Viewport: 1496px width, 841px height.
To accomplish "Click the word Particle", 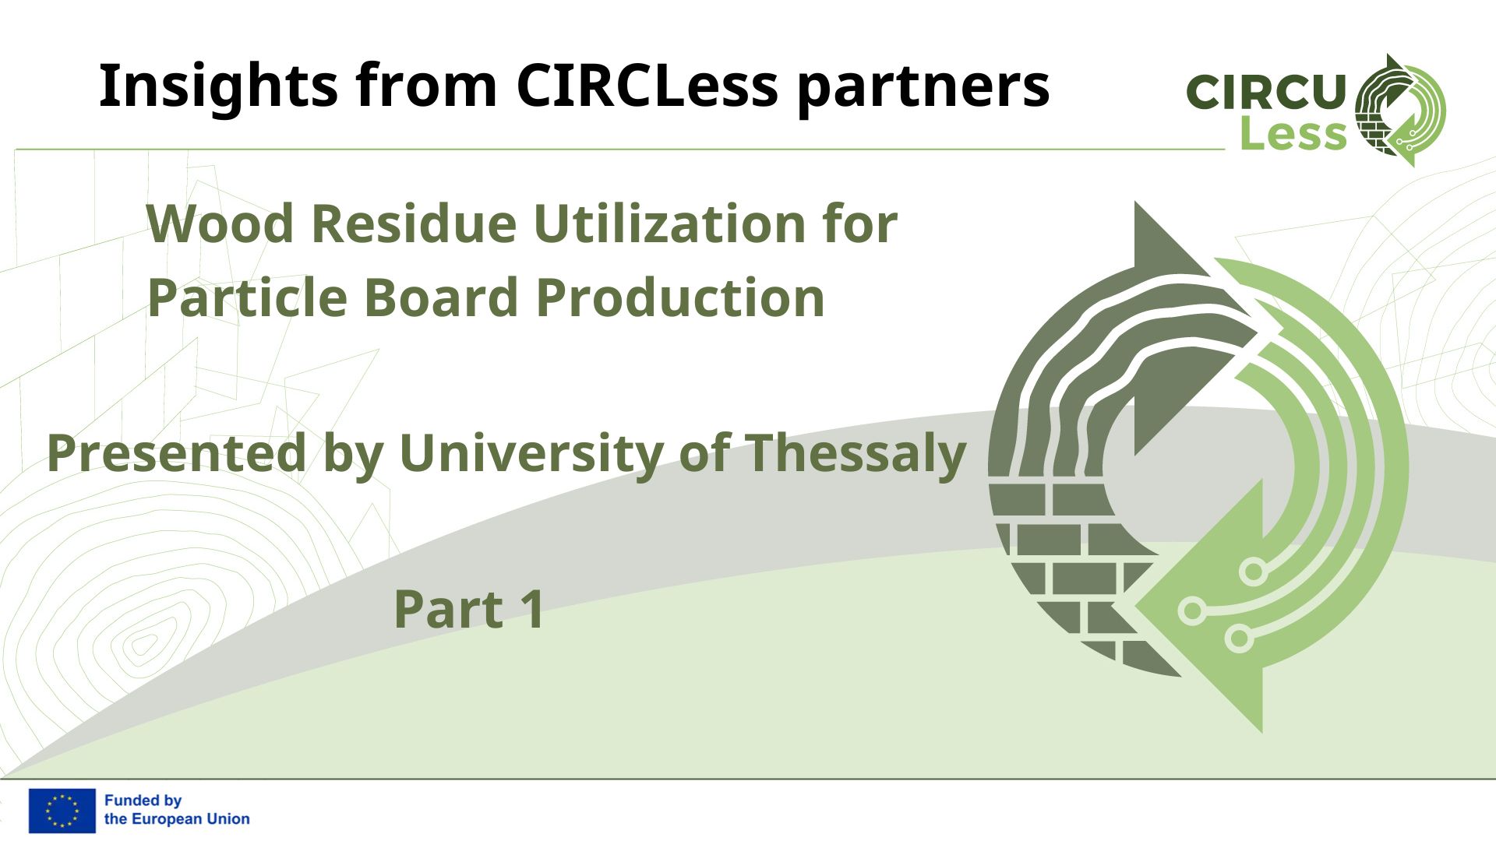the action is [246, 297].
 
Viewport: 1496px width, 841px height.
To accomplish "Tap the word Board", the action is [440, 297].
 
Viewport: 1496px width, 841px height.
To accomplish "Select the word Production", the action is [680, 297].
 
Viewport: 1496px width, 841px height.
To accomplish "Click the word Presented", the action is [177, 453].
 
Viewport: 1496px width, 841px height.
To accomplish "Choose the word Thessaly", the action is [856, 455].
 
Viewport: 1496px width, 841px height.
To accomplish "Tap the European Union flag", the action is [62, 811].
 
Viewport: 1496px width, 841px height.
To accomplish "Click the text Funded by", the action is [143, 801].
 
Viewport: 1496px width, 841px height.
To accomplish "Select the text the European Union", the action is [177, 819].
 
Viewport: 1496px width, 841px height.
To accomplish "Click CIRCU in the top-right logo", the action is [1266, 92].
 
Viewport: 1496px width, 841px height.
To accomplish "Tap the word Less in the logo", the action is [1293, 134].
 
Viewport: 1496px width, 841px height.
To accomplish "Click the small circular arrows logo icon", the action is [1400, 110].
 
